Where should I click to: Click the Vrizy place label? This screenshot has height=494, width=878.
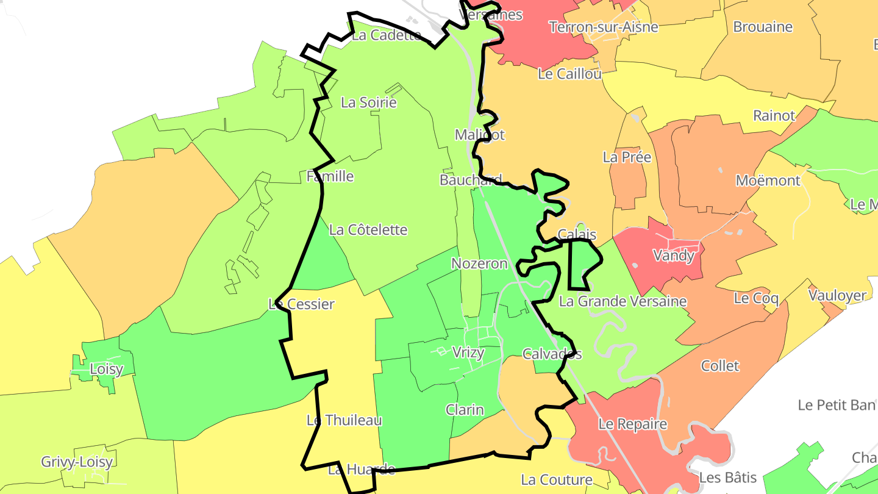(468, 353)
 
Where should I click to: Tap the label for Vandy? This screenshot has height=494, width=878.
(673, 256)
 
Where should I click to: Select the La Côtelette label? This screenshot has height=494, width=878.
(368, 230)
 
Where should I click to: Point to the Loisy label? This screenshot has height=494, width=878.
(106, 369)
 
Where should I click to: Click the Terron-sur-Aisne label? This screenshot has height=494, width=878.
(603, 27)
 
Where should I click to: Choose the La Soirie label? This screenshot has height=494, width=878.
(369, 102)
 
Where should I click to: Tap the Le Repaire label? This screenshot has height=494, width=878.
(632, 424)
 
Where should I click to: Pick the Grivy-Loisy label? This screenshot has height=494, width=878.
(77, 462)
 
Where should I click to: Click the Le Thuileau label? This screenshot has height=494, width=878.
(344, 420)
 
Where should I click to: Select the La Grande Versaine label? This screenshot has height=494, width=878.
(623, 301)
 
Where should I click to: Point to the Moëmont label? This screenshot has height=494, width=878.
(768, 181)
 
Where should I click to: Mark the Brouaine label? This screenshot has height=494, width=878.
(763, 27)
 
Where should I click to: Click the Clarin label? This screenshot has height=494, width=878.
(465, 410)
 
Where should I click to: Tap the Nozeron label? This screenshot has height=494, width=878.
(479, 263)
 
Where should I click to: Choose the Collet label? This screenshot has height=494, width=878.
(719, 366)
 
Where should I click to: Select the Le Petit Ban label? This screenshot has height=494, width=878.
(837, 405)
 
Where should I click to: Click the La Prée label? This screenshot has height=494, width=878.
(627, 157)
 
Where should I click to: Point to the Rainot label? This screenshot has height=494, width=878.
(774, 116)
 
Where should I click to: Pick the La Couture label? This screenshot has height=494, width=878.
(556, 480)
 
